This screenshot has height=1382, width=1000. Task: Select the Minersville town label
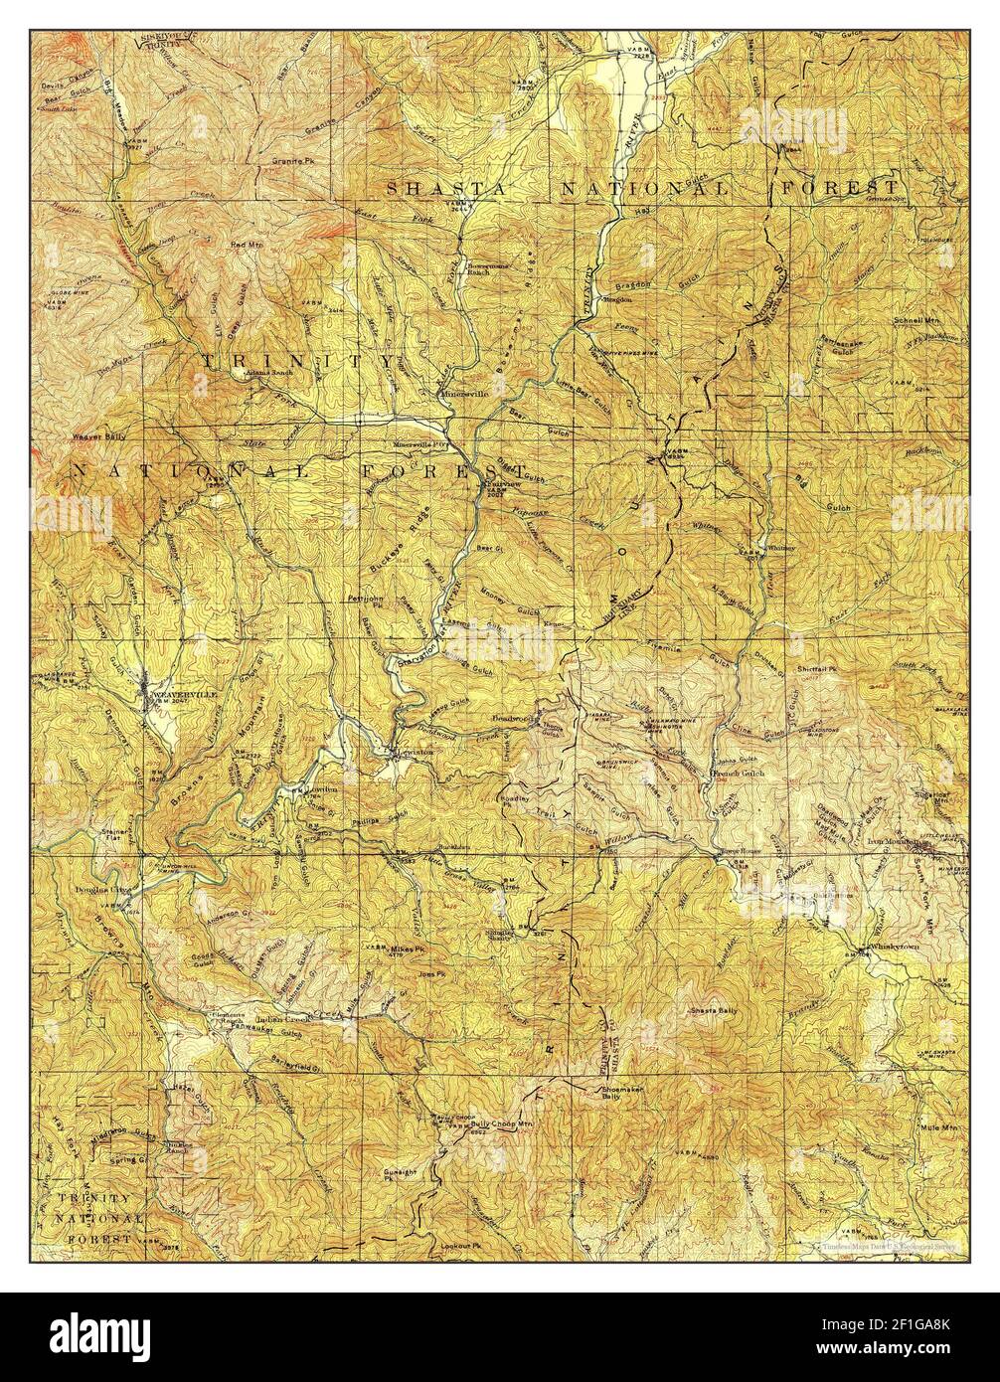click(465, 394)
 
